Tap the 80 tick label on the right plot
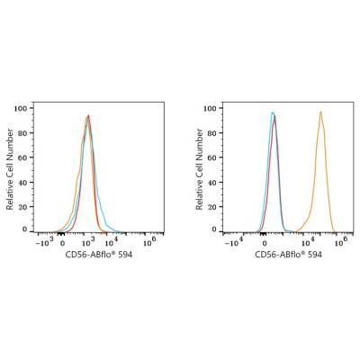[x=212, y=133]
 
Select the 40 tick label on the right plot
[x=212, y=183]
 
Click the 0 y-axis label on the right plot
[x=214, y=229]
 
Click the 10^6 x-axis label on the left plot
[x=149, y=242]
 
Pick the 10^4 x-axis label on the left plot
[x=111, y=242]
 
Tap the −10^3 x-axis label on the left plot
[x=45, y=242]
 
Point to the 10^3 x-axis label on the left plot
[x=88, y=242]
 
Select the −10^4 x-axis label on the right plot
[x=234, y=242]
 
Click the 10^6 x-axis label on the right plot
[x=341, y=242]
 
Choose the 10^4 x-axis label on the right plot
[x=308, y=242]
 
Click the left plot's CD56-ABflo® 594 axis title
[x=99, y=255]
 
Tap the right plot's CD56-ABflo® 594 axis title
[x=288, y=255]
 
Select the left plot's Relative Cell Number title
[x=10, y=169]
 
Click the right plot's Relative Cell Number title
[x=199, y=169]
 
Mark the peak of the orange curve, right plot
[x=320, y=112]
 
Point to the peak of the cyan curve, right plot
[x=272, y=112]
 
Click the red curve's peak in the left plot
[x=88, y=115]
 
